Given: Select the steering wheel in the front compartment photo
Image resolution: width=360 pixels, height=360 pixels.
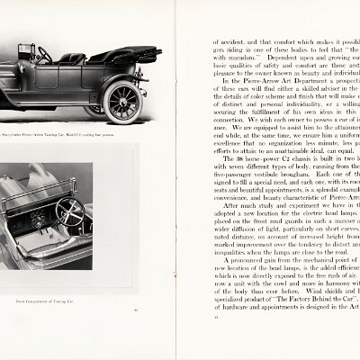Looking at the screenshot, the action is click(x=69, y=213).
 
